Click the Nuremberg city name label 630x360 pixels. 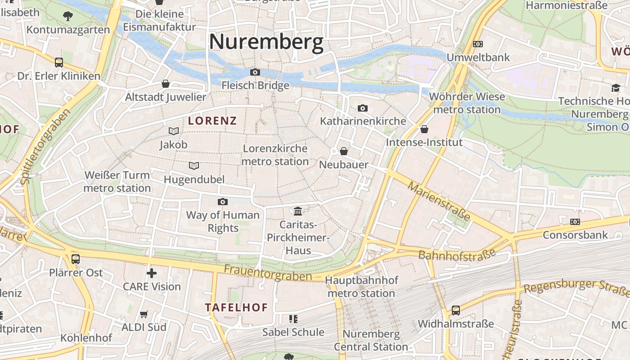point(266,42)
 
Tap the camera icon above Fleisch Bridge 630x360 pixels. point(255,72)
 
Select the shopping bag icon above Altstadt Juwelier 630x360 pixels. point(166,84)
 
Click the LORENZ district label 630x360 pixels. point(212,121)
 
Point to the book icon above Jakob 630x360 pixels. point(173,131)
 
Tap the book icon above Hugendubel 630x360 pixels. point(194,166)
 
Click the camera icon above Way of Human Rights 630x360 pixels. point(223,202)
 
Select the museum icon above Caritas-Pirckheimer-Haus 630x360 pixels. point(297,211)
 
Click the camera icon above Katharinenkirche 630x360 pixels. point(363,108)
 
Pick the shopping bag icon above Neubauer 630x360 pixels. point(344,151)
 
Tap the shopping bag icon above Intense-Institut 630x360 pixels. point(424,130)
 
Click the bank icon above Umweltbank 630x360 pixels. point(478,44)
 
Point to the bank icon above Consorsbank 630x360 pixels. point(575,222)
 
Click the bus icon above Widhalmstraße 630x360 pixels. point(456,310)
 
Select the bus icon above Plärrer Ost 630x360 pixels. point(76,259)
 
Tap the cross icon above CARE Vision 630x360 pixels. point(152,273)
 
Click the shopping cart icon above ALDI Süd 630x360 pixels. point(144,314)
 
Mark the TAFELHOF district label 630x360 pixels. point(236,307)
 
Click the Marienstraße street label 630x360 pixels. point(439,201)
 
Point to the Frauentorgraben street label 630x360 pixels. point(268,273)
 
